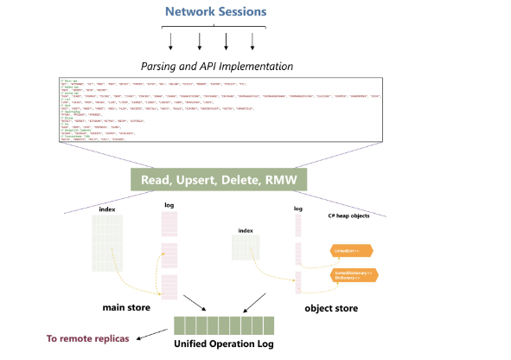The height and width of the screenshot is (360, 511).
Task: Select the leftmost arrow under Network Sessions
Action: (x=172, y=41)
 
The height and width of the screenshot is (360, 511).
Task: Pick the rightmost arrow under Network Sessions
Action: (x=253, y=41)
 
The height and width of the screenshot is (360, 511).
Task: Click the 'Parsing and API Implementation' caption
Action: (x=217, y=67)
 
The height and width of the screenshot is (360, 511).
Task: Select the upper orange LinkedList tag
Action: (x=352, y=250)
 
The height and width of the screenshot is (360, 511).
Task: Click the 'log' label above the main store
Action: (x=169, y=205)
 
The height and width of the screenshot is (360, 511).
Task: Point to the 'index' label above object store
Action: (x=246, y=231)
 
